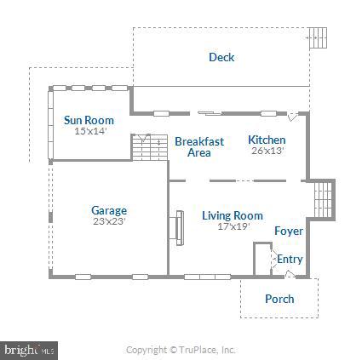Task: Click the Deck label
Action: (221, 58)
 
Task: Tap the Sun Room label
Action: (89, 121)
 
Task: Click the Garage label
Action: (109, 210)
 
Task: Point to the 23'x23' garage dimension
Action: (109, 220)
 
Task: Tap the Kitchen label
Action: (267, 140)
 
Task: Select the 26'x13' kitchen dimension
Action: (267, 150)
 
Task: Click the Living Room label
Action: (232, 216)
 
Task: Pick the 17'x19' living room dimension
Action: (232, 226)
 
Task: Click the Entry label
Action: (290, 260)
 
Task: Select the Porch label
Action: (279, 299)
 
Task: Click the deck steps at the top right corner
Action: (317, 38)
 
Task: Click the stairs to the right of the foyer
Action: (322, 200)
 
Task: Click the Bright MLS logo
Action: (28, 350)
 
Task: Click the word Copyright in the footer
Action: (146, 350)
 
